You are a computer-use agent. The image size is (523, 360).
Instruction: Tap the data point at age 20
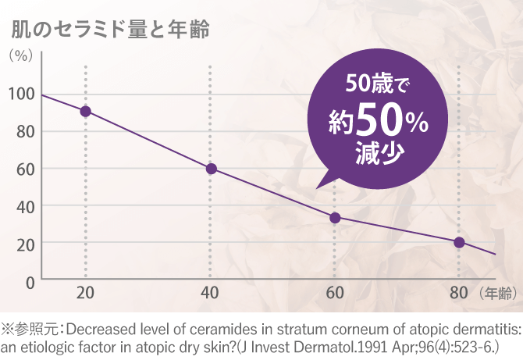(x=86, y=111)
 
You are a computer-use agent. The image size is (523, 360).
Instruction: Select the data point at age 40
(x=211, y=169)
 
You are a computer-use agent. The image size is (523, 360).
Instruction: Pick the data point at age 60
(x=335, y=218)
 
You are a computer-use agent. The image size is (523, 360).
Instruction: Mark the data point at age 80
(x=459, y=242)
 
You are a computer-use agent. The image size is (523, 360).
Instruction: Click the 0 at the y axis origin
(x=30, y=281)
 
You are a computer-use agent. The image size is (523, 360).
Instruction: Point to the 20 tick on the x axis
(x=86, y=294)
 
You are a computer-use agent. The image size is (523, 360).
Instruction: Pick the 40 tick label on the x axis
(x=210, y=294)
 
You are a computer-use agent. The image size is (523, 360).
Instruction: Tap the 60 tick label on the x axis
(x=334, y=294)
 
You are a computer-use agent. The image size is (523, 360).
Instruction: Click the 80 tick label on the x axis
(x=458, y=294)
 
